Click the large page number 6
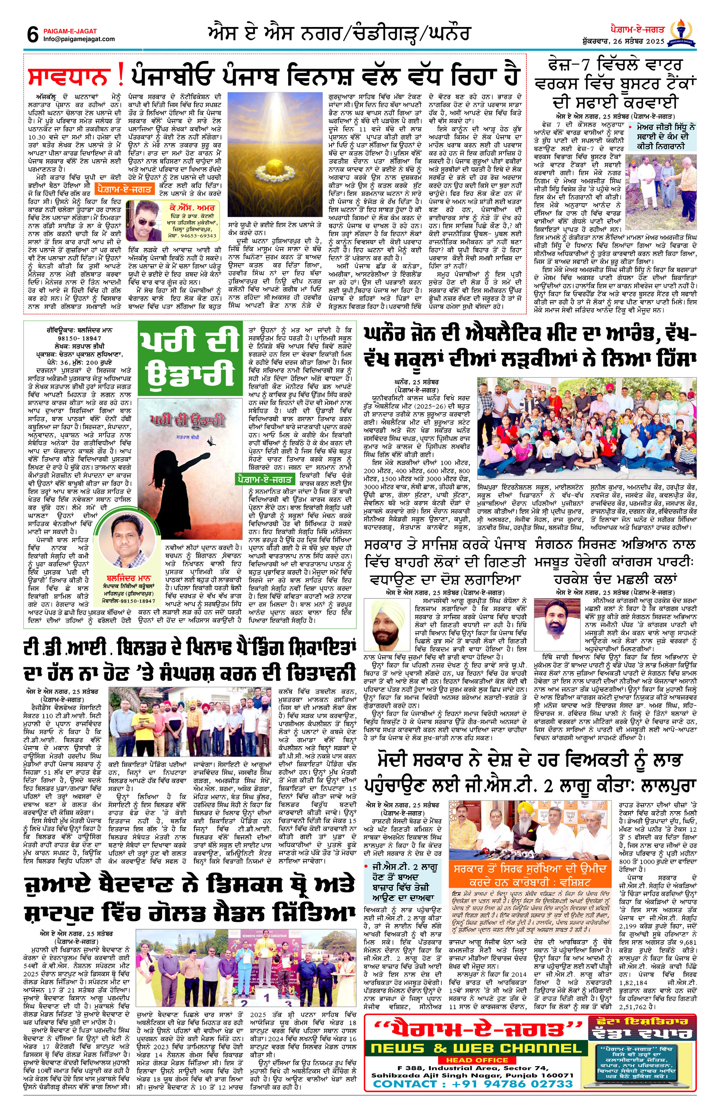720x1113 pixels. click(32, 34)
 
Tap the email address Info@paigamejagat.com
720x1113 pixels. click(78, 39)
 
